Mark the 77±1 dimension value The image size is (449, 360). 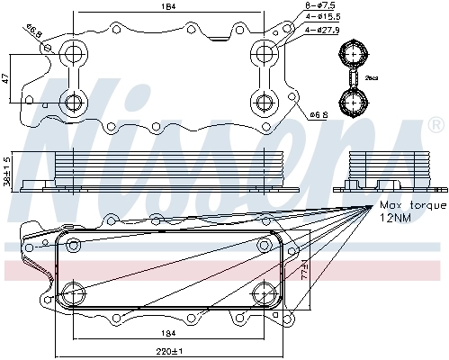305,271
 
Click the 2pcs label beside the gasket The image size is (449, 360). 371,78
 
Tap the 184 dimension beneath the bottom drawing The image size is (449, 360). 168,334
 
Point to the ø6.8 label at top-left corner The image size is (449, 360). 33,34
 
